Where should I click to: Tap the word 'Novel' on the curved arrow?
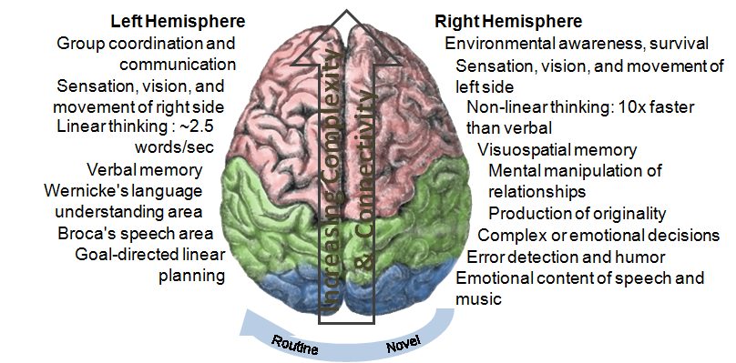404,346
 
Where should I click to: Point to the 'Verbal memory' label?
144,169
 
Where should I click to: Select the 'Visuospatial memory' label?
557,150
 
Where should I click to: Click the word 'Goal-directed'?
125,254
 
